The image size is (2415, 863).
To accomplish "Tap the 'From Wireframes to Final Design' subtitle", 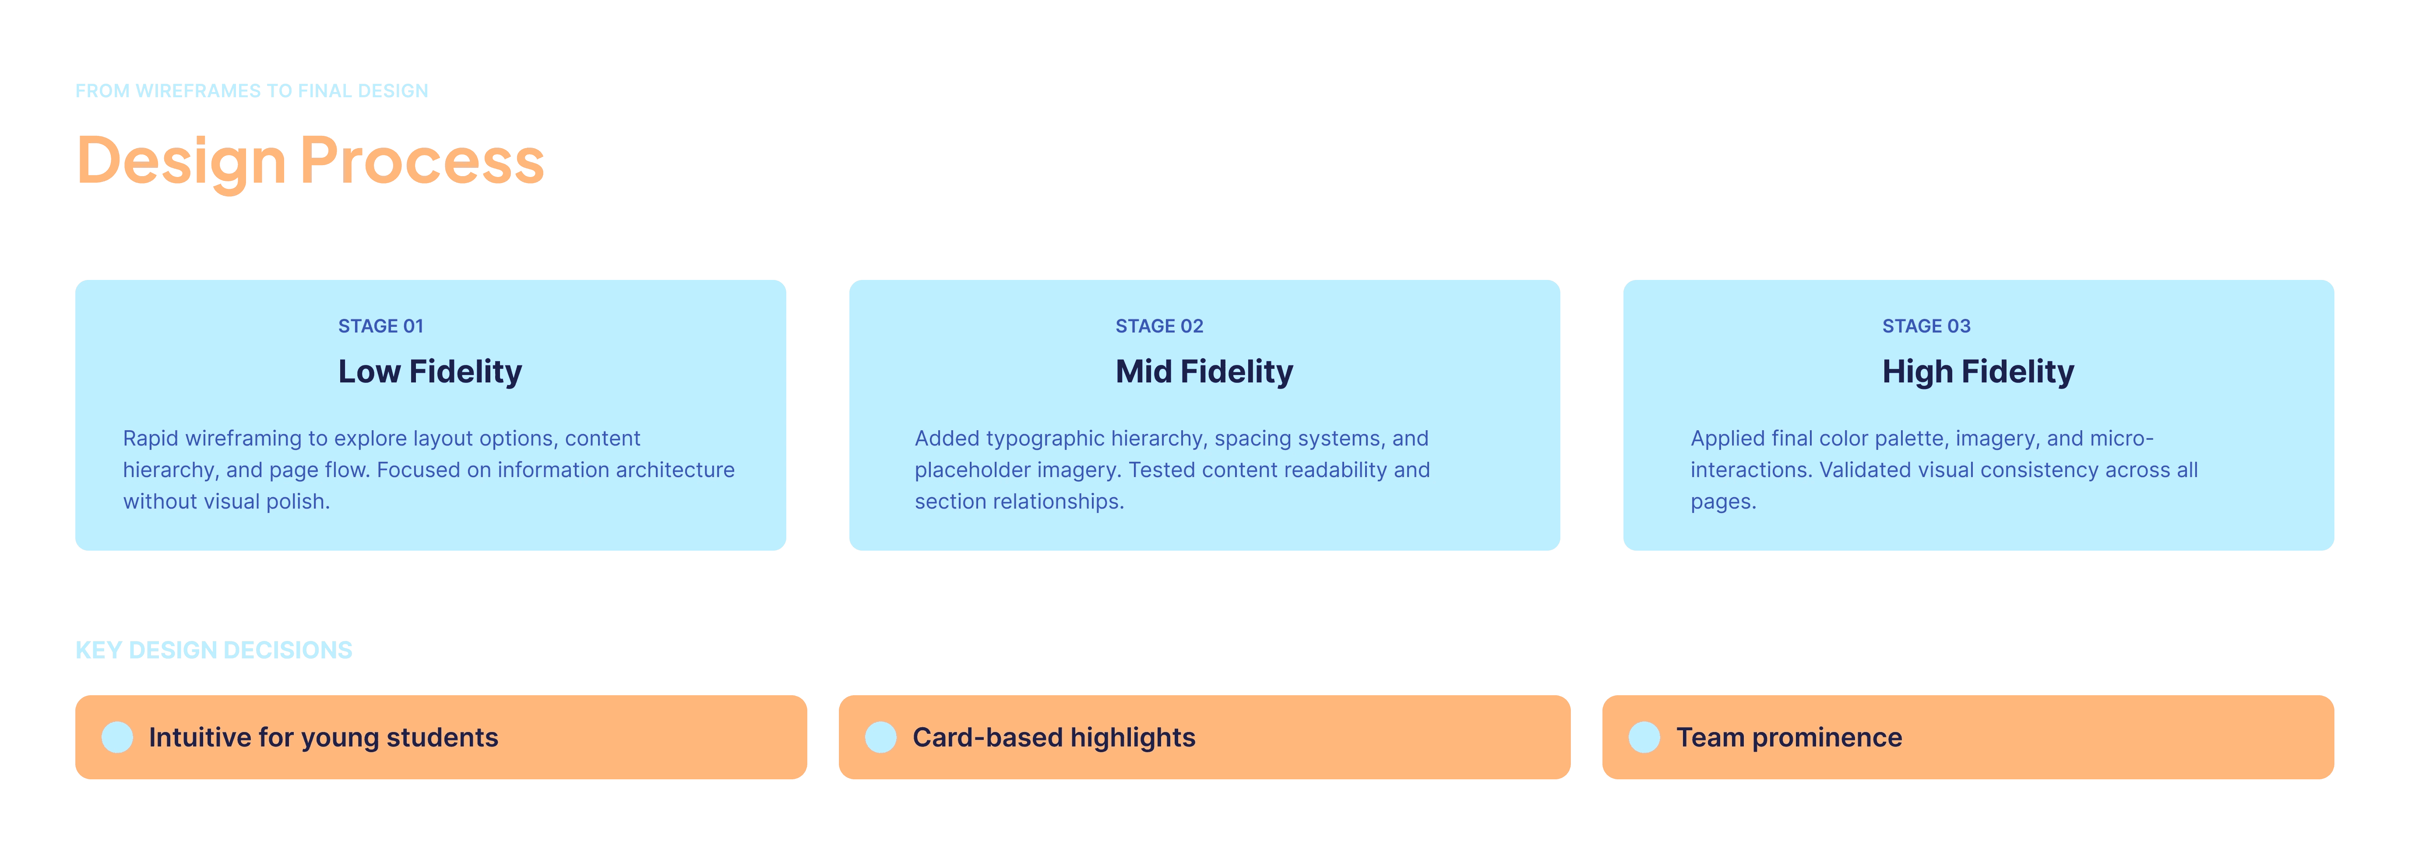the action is (x=251, y=91).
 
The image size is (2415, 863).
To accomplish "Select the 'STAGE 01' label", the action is (x=380, y=325).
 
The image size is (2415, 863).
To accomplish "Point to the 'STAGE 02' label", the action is (x=1159, y=325).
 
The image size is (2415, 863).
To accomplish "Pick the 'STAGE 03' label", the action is (x=1926, y=325).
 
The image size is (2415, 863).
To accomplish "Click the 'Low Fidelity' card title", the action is (x=430, y=371).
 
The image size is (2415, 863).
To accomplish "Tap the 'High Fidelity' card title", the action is (x=1978, y=371).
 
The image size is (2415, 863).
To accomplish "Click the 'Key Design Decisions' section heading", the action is (x=214, y=650).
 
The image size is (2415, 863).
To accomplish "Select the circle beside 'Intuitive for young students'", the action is (x=117, y=737).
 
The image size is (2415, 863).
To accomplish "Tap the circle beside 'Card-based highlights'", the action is (x=881, y=737).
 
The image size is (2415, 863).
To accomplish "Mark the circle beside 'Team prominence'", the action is (x=1644, y=737).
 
